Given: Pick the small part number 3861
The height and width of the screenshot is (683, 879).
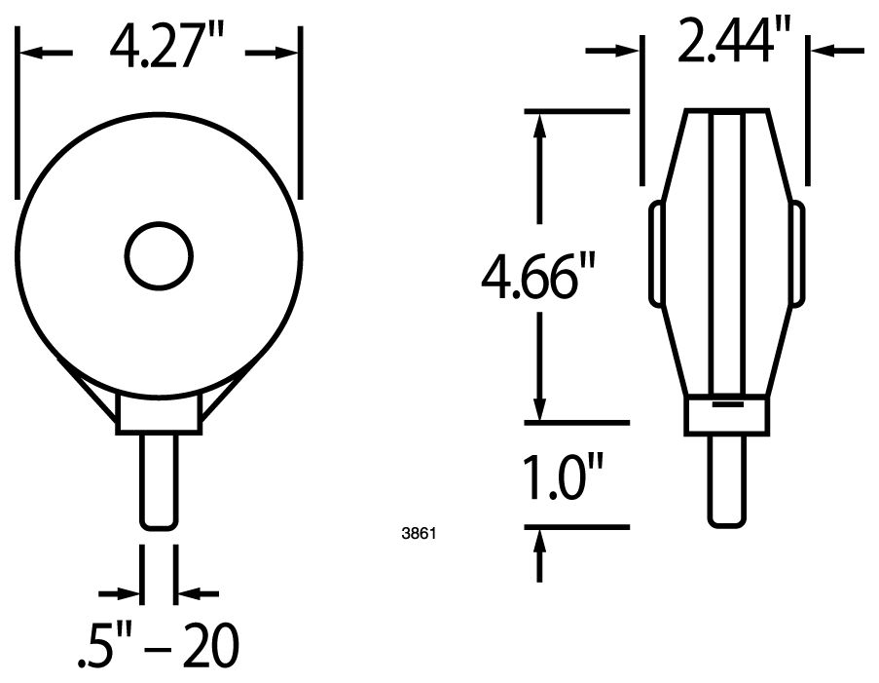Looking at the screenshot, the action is [419, 533].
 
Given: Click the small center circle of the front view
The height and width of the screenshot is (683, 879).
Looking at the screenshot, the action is [160, 256].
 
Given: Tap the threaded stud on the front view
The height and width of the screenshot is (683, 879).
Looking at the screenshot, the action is [160, 481].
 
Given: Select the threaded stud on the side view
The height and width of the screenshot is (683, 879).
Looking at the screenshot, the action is [728, 481].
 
